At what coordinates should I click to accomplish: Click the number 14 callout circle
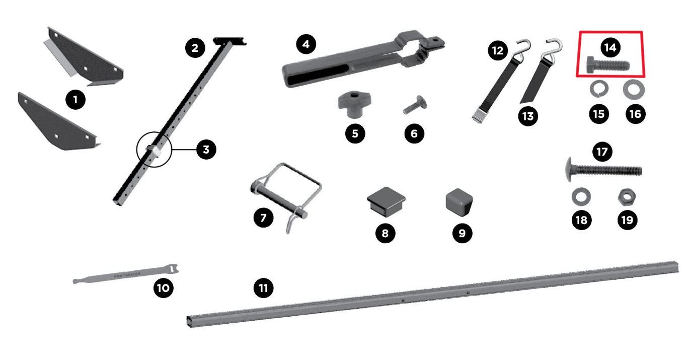coord(610,48)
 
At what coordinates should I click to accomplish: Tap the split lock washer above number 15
coord(599,90)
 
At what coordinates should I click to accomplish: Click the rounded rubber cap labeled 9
coord(459,200)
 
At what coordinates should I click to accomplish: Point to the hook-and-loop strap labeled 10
coord(126,274)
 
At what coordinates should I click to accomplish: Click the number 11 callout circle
coord(263,288)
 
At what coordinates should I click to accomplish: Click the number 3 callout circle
coord(206,149)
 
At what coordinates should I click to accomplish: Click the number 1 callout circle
coord(75,100)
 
